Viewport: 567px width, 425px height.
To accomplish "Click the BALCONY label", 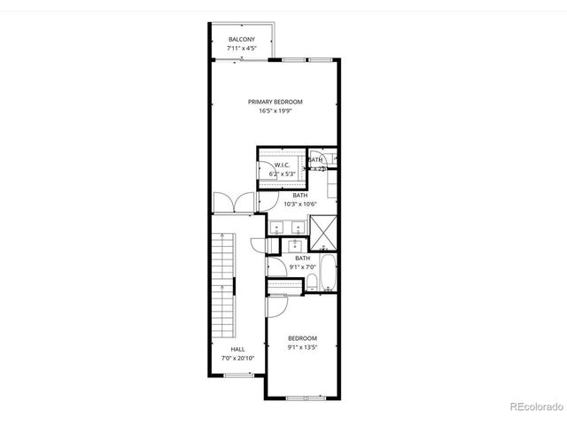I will pyautogui.click(x=242, y=40).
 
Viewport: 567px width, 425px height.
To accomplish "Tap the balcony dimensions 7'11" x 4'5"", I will pyautogui.click(x=242, y=49).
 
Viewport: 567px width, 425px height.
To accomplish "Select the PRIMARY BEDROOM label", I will pyautogui.click(x=275, y=102).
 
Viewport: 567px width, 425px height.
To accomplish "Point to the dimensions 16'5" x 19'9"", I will pyautogui.click(x=275, y=111).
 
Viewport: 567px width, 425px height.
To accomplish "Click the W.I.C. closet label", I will pyautogui.click(x=283, y=165).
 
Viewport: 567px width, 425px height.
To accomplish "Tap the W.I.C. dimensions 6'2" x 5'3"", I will pyautogui.click(x=283, y=174).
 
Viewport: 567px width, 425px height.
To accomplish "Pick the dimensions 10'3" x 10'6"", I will pyautogui.click(x=300, y=205).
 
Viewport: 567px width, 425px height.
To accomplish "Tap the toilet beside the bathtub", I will pyautogui.click(x=313, y=282).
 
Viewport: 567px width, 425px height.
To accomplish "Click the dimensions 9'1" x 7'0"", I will pyautogui.click(x=303, y=267).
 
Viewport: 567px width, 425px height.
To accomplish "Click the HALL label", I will pyautogui.click(x=237, y=349).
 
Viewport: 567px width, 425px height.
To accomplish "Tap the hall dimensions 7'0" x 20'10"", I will pyautogui.click(x=237, y=358).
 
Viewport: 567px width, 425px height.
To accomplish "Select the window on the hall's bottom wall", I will pyautogui.click(x=237, y=375).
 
